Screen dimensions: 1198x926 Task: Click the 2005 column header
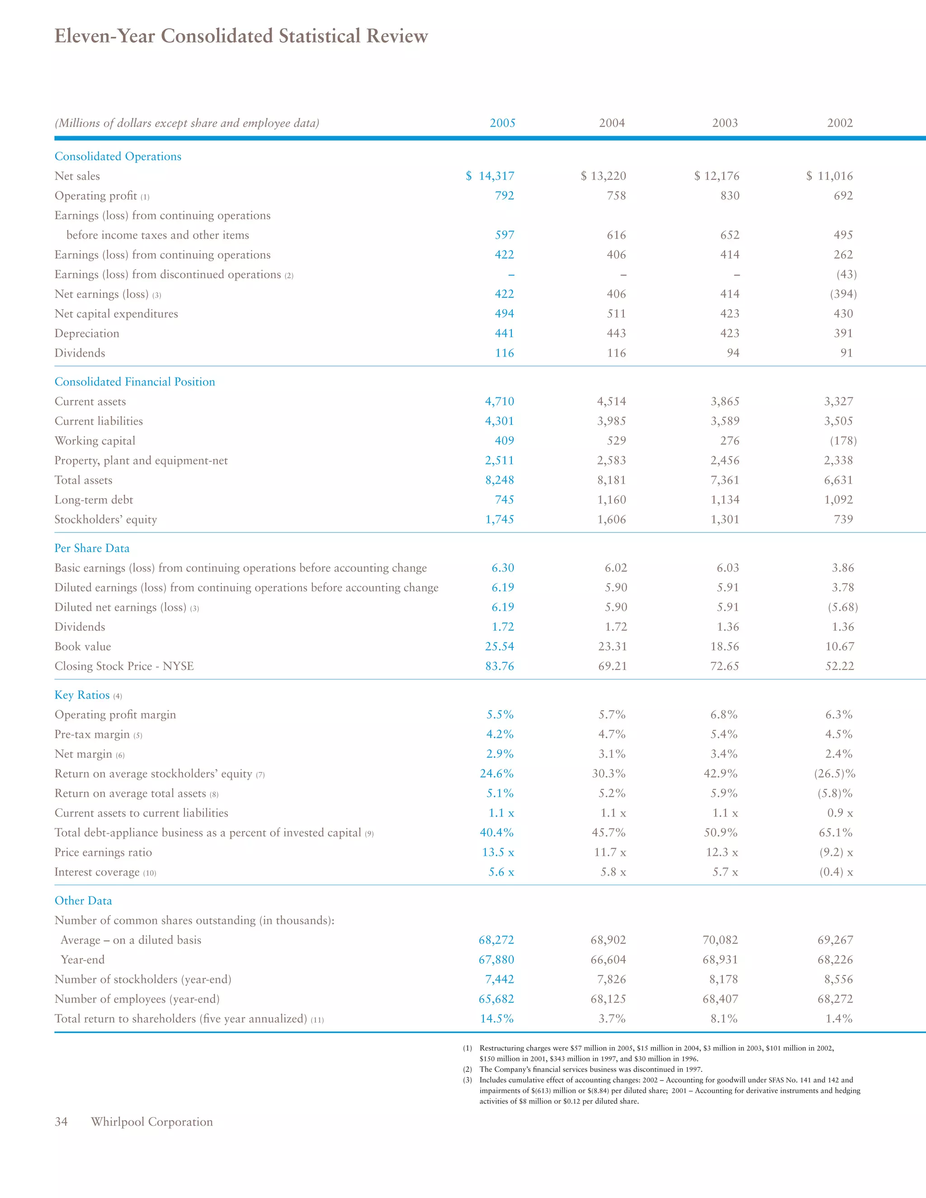pos(502,123)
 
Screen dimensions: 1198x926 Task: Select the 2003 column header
pos(725,123)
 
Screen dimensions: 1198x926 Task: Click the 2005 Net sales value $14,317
pos(491,176)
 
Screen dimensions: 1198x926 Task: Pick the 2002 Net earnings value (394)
pos(843,294)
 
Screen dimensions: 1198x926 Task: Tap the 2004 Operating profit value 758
pos(616,196)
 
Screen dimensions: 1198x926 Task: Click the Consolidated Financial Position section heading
pos(134,382)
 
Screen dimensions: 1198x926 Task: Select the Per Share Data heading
pos(92,548)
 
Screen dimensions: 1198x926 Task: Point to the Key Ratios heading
pos(82,695)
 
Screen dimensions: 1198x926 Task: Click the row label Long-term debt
pos(93,500)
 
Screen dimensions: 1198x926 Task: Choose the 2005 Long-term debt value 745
pos(504,500)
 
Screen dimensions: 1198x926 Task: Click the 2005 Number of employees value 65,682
pos(496,999)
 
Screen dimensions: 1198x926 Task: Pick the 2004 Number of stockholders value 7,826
pos(611,979)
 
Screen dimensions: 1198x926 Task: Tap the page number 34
pos(61,1122)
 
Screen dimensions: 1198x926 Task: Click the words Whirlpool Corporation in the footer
pos(151,1122)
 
